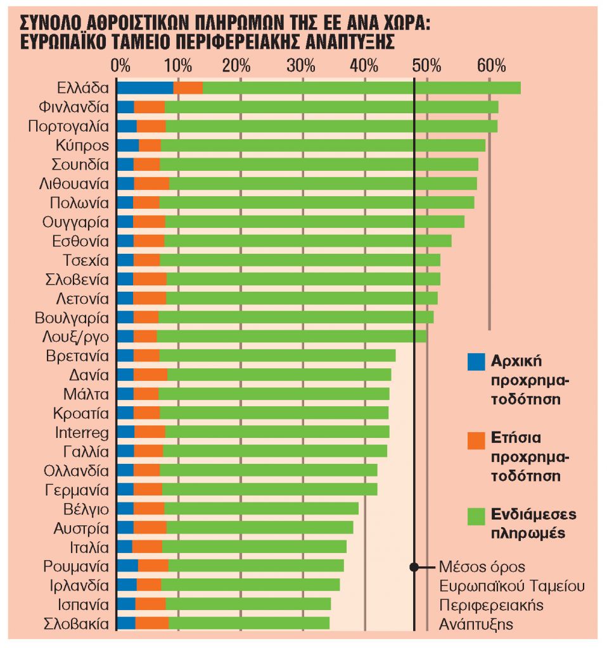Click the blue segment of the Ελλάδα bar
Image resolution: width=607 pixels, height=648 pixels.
point(145,88)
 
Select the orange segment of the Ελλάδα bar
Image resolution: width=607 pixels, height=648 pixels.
point(188,88)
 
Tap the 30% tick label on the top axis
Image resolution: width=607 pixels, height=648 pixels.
point(302,65)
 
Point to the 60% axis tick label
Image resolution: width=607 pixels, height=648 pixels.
point(490,65)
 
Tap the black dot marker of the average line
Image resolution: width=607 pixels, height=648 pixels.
point(414,567)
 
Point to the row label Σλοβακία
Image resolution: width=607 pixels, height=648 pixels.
point(76,624)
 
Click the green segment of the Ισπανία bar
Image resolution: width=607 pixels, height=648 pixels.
point(248,604)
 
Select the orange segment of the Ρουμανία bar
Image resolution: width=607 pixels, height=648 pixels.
point(153,566)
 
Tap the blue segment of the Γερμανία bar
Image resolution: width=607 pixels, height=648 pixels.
point(125,489)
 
